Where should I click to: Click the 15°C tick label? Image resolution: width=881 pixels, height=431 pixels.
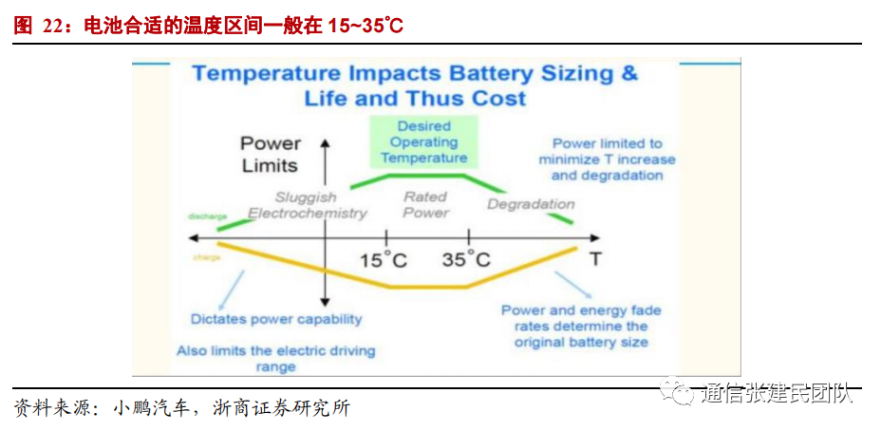pos(384,259)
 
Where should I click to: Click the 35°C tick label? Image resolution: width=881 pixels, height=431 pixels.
pos(466,259)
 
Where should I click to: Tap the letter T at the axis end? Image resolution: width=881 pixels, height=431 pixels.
pos(595,258)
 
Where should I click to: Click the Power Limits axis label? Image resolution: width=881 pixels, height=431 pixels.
pos(270,154)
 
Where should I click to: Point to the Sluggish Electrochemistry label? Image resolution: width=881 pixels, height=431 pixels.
pos(307,205)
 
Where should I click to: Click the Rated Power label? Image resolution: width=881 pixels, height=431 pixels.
pos(425,204)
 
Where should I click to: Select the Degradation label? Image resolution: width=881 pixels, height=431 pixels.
pos(531,204)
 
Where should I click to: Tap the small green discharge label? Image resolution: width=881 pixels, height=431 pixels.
pos(207,216)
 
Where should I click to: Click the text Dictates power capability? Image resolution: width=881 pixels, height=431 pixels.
pos(276,319)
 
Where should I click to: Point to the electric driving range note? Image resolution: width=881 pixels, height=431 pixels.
pos(276,358)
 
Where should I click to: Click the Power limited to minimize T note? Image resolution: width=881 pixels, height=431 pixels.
pos(607,159)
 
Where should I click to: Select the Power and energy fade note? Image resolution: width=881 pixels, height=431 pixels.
pos(581,326)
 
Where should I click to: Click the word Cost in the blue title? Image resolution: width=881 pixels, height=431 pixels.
pos(498,99)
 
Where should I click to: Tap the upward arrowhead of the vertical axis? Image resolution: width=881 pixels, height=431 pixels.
pos(326,143)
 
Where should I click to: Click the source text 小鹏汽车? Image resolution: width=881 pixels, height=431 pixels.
pos(150,408)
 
